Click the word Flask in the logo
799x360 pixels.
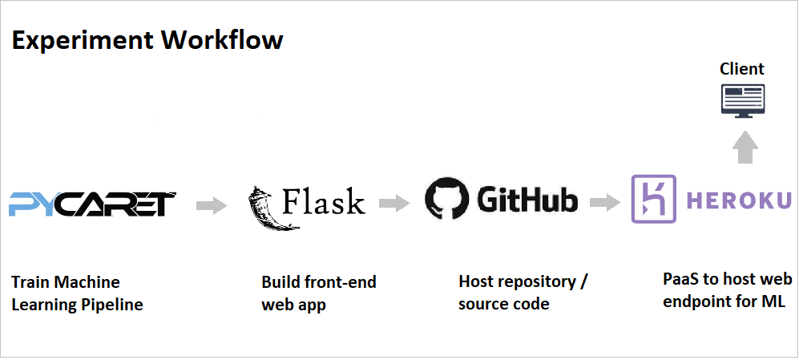point(323,201)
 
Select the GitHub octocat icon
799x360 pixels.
point(446,199)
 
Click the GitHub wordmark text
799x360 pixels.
point(527,200)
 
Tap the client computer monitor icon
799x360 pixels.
point(742,102)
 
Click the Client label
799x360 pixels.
point(742,69)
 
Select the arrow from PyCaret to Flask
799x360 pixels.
point(212,206)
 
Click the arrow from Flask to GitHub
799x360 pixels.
point(394,204)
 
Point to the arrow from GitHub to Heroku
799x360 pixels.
point(605,203)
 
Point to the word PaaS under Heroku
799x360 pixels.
point(680,279)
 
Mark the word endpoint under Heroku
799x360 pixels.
point(696,301)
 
